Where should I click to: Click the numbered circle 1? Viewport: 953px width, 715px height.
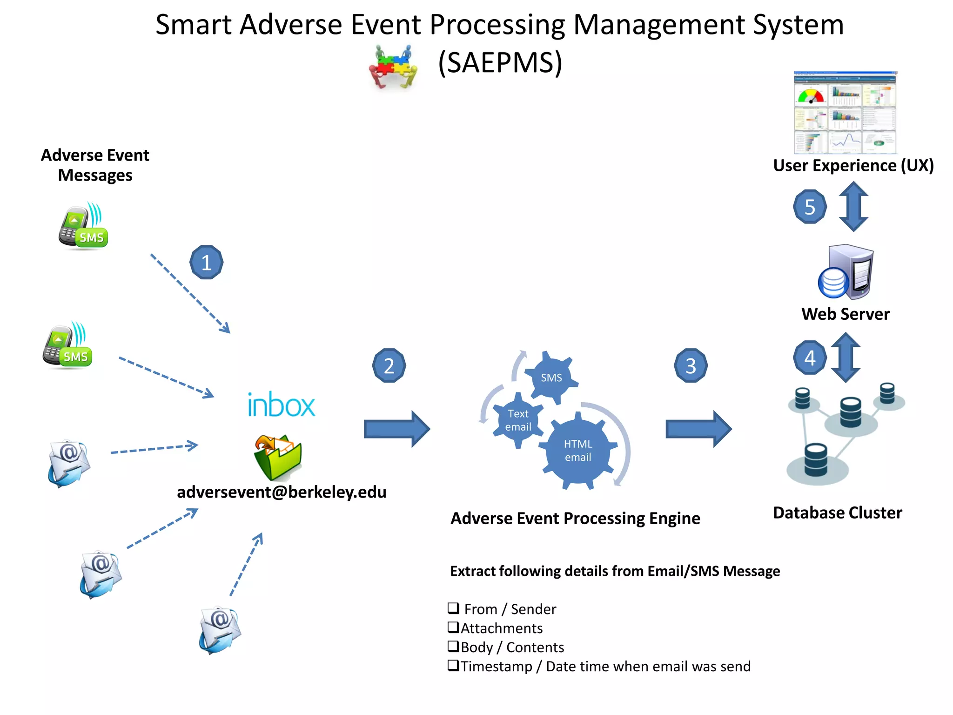click(x=206, y=262)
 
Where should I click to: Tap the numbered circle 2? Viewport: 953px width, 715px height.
click(x=389, y=365)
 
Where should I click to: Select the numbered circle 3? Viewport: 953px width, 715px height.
click(x=691, y=365)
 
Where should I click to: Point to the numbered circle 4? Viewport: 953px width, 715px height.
click(x=810, y=357)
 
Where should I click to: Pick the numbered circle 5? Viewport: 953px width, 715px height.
click(x=810, y=207)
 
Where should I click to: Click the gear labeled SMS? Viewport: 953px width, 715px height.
click(x=551, y=378)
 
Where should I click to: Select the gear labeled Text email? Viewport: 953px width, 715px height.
click(x=518, y=420)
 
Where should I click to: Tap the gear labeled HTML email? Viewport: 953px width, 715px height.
click(x=578, y=451)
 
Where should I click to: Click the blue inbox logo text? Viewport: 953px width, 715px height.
click(x=281, y=405)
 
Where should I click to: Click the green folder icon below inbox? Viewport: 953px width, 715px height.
click(x=278, y=458)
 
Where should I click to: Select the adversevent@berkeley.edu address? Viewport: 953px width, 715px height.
click(x=282, y=492)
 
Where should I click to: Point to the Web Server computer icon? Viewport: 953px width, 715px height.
click(x=846, y=272)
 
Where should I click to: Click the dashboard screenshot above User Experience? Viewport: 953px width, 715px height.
click(x=845, y=113)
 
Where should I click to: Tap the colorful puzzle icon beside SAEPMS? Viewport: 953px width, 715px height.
click(x=394, y=66)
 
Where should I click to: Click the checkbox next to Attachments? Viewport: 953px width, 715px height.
click(x=453, y=627)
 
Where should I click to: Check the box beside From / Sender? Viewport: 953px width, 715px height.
click(x=453, y=608)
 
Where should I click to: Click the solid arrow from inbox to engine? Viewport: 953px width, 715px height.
click(x=396, y=429)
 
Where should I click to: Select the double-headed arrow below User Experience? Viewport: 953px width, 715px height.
click(x=853, y=207)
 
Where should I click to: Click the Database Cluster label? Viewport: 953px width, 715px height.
click(x=837, y=513)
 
